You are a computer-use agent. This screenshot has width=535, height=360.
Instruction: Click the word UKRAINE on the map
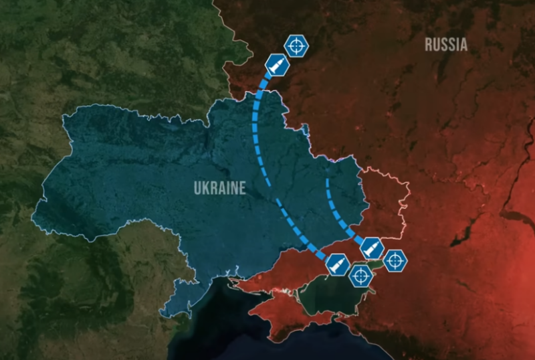pyautogui.click(x=219, y=189)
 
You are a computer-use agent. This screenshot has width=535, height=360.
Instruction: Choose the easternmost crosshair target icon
pyautogui.click(x=395, y=260)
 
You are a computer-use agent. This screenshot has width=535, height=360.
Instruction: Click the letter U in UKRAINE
pyautogui.click(x=198, y=189)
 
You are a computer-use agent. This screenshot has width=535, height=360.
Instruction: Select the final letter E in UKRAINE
pyautogui.click(x=241, y=189)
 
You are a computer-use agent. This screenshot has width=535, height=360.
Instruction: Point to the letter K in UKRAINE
pyautogui.click(x=207, y=189)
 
